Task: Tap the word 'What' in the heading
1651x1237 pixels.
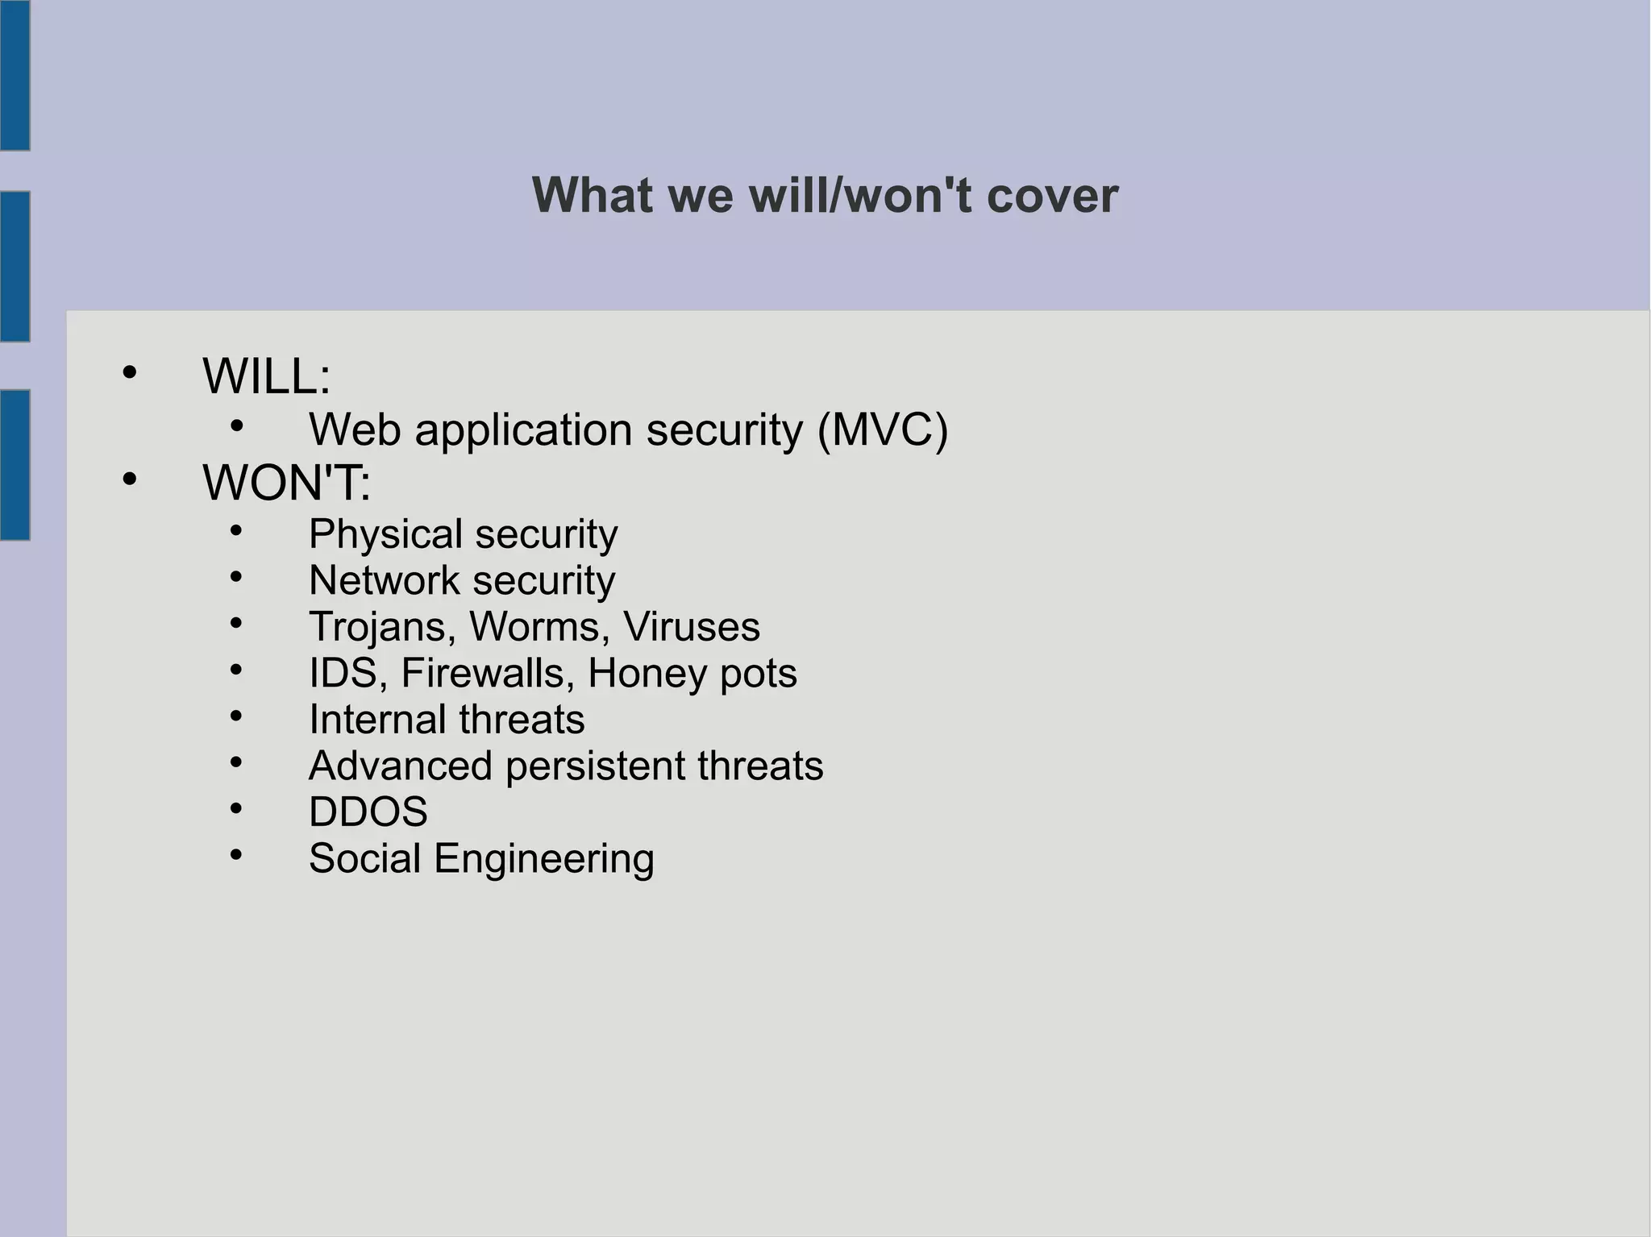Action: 592,196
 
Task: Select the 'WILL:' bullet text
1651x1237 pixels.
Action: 266,376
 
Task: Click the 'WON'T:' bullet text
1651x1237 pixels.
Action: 286,483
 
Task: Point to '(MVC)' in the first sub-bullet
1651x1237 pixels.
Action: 883,430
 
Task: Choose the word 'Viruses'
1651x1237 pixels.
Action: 691,627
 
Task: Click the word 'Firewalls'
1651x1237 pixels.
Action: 488,673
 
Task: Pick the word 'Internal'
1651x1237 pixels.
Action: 376,719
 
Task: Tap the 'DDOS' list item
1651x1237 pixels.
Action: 368,812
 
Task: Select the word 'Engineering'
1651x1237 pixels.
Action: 544,859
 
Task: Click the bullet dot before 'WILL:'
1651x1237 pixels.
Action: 129,373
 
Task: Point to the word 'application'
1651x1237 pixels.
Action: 523,430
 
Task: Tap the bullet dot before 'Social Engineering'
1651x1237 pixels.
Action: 235,854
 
